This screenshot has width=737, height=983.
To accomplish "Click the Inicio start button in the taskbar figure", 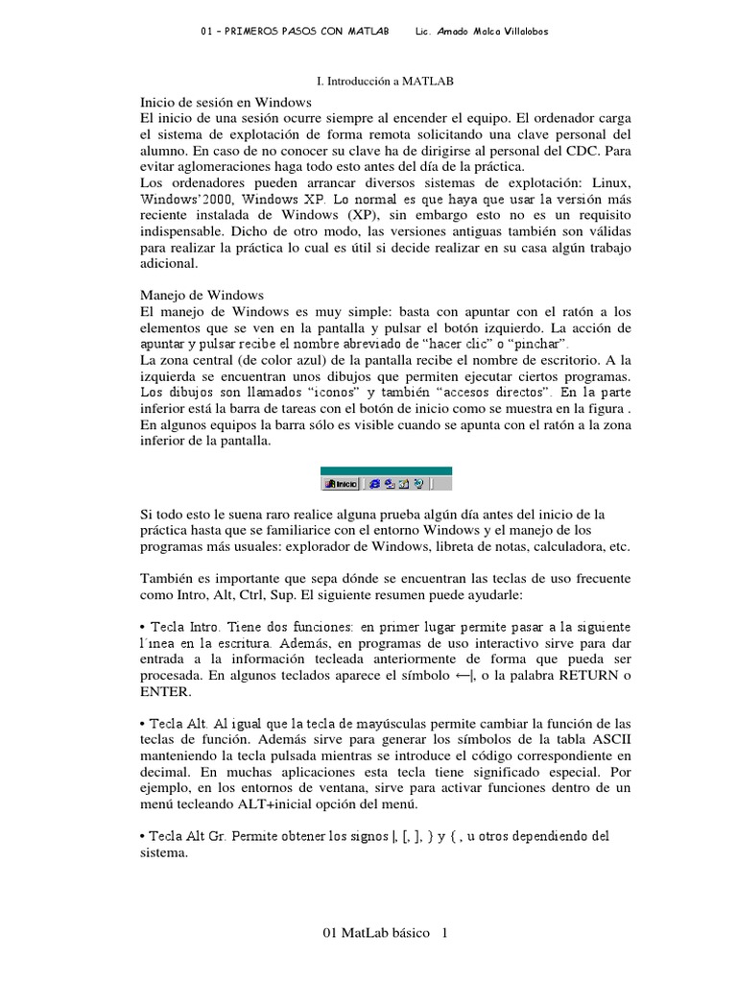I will click(x=341, y=483).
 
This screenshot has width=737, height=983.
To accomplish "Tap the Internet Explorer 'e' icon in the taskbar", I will click(x=375, y=483).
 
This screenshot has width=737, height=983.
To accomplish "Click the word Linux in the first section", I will click(x=605, y=182).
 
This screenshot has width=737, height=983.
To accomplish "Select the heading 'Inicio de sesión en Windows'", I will click(x=226, y=101).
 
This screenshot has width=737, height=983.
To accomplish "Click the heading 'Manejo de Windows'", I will click(x=202, y=295).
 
